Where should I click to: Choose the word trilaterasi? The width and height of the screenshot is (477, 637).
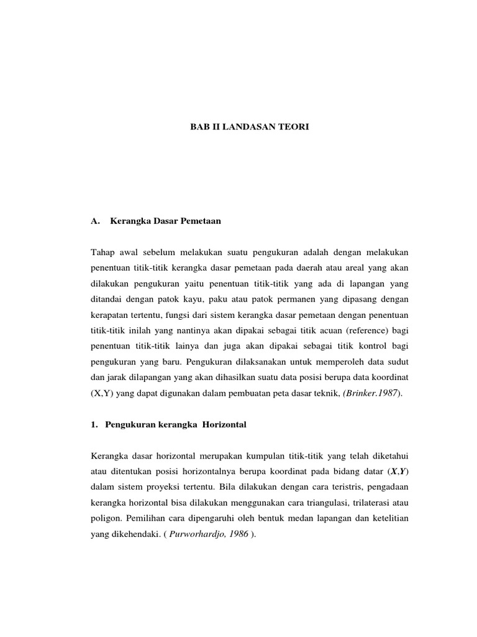(x=371, y=502)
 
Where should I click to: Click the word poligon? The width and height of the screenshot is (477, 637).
(x=104, y=518)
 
